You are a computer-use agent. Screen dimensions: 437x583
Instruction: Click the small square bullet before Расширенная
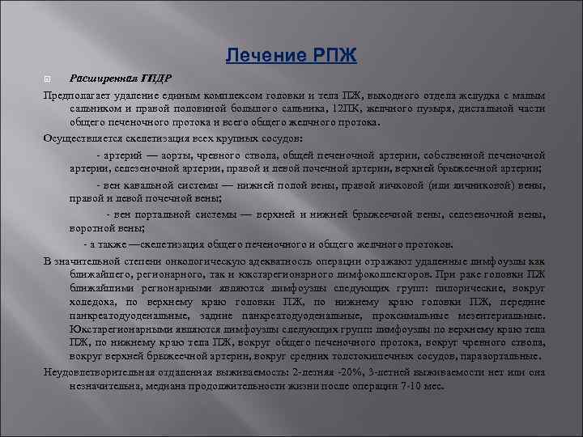[47, 79]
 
